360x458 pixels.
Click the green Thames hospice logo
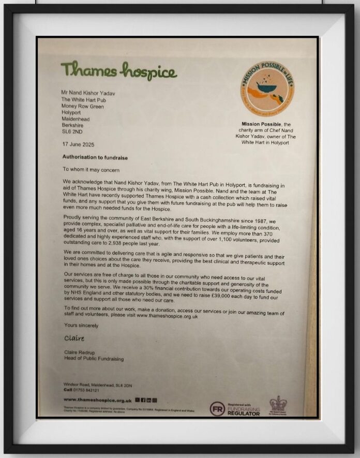pyautogui.click(x=118, y=70)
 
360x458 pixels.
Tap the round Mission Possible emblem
pyautogui.click(x=267, y=89)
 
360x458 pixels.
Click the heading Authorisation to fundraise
pyautogui.click(x=95, y=157)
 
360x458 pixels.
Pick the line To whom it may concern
pyautogui.click(x=91, y=169)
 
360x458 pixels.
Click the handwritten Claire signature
pyautogui.click(x=74, y=338)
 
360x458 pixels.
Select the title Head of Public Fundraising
pyautogui.click(x=94, y=358)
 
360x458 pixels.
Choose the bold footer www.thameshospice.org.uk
pyautogui.click(x=97, y=400)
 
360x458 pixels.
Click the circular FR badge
pyautogui.click(x=217, y=408)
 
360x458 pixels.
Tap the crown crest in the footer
pyautogui.click(x=277, y=404)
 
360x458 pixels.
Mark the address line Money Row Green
pyautogui.click(x=82, y=106)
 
